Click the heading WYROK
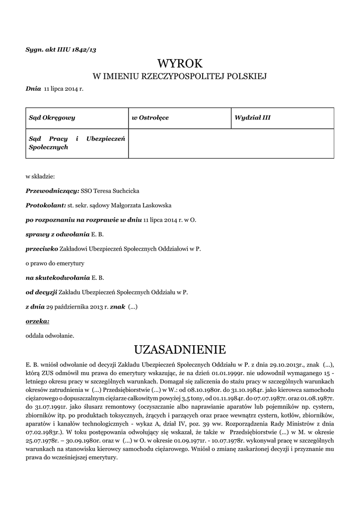point(180,63)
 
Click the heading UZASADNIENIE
point(180,350)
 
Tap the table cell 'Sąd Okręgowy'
point(52,118)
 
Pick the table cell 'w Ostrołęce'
point(150,118)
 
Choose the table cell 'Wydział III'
point(252,118)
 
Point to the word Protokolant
point(45,205)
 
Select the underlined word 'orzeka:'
point(37,321)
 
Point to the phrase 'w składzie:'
point(40,176)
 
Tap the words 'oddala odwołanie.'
point(50,335)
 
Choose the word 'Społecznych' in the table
point(48,148)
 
